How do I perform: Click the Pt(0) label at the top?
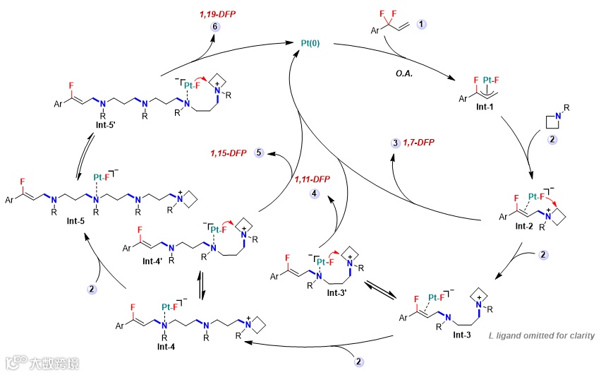307,43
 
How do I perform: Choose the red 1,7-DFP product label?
418,143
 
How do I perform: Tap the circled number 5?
260,152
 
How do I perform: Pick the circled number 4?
315,193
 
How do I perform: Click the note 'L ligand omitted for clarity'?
541,335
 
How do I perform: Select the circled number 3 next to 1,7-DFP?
394,143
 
